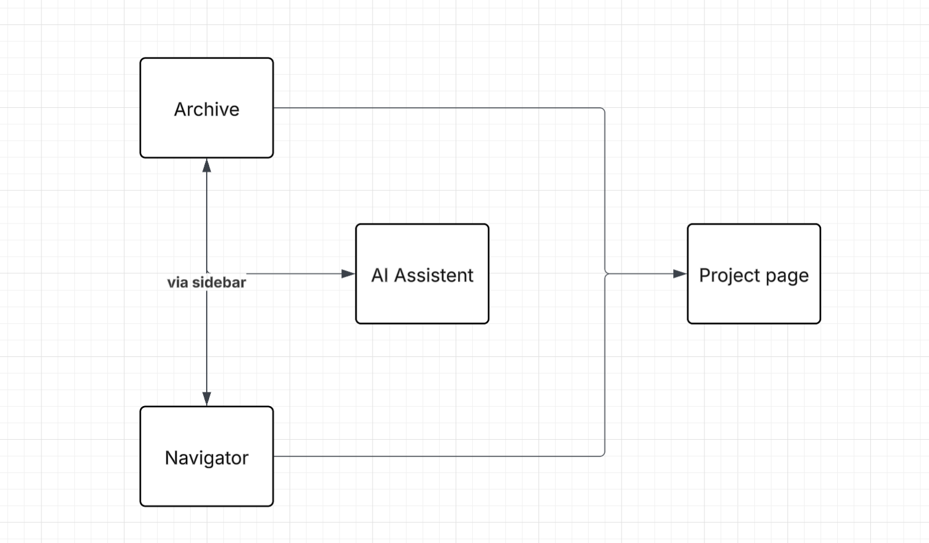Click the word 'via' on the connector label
click(178, 283)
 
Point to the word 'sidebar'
click(219, 283)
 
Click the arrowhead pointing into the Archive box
click(207, 165)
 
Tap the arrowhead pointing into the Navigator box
click(207, 398)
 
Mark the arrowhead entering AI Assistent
click(348, 274)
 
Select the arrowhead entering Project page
click(680, 274)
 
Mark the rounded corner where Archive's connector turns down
click(603, 110)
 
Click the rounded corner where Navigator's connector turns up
click(603, 455)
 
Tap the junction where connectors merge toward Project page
click(606, 274)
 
